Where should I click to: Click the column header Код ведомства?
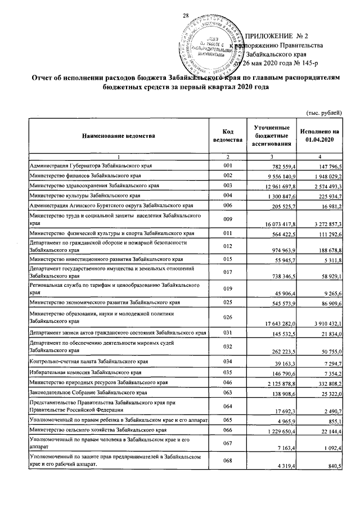coord(227,135)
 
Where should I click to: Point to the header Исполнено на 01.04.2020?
coord(319,135)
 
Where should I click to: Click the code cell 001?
coord(227,166)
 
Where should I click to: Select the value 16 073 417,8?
coord(272,224)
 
